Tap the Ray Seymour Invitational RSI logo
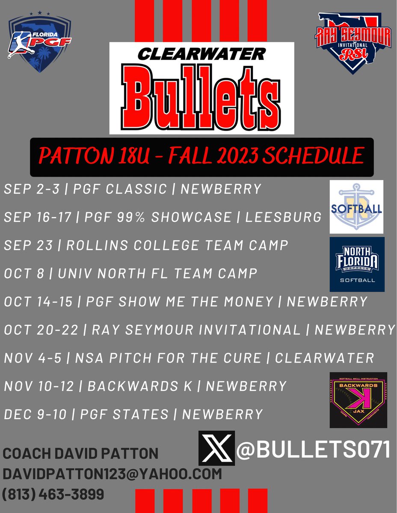pos(353,41)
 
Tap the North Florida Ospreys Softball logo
pos(357,264)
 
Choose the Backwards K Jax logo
pos(358,400)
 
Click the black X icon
pos(216,448)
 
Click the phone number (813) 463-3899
pos(53,494)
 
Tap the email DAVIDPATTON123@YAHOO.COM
pos(113,474)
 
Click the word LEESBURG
pos(283,217)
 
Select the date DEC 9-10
pos(35,414)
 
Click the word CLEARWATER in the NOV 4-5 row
pos(324,357)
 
